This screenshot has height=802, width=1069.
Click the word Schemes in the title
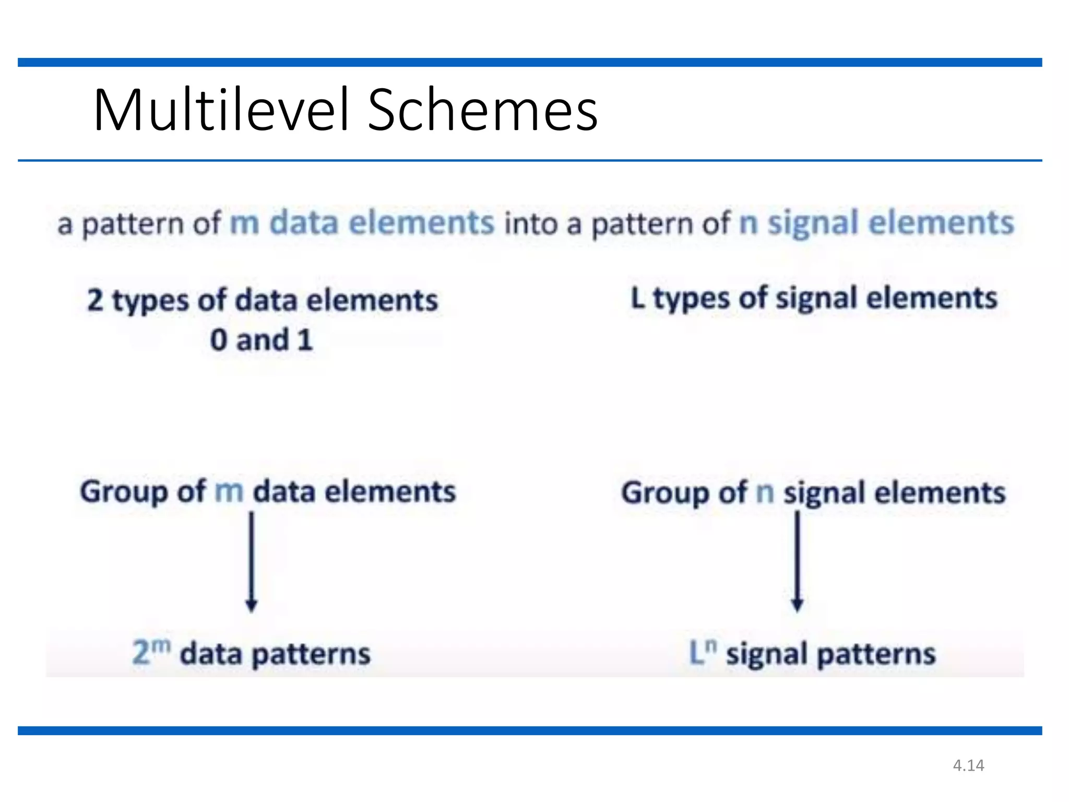[482, 110]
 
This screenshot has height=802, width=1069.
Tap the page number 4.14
[968, 765]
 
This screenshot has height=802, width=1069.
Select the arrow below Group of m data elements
[252, 561]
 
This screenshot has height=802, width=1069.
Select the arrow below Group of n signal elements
[797, 561]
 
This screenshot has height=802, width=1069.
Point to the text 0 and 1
[262, 340]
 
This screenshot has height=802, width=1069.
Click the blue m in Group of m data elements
[229, 491]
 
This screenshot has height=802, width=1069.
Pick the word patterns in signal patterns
[876, 654]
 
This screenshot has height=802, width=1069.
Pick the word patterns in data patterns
[311, 654]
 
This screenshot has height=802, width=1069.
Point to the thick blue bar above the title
[530, 63]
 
